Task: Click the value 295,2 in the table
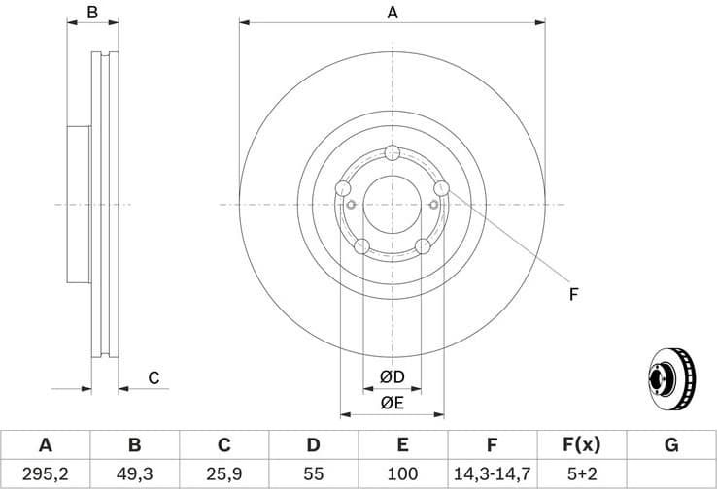click(45, 473)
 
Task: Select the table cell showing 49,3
click(135, 473)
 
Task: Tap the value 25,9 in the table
click(223, 473)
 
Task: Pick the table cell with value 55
click(313, 473)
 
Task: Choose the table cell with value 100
click(402, 473)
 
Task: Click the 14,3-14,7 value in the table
click(492, 473)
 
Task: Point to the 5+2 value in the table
click(581, 473)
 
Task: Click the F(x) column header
click(581, 445)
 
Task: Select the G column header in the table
click(671, 445)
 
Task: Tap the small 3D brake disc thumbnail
click(671, 379)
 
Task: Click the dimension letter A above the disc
click(393, 13)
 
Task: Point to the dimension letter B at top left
click(92, 13)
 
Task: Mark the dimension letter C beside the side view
click(154, 378)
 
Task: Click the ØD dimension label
click(392, 376)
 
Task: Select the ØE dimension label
click(392, 402)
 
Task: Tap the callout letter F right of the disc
click(573, 292)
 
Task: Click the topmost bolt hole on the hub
click(393, 152)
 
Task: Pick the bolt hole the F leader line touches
click(442, 188)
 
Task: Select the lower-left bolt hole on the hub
click(361, 246)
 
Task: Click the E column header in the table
click(402, 445)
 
